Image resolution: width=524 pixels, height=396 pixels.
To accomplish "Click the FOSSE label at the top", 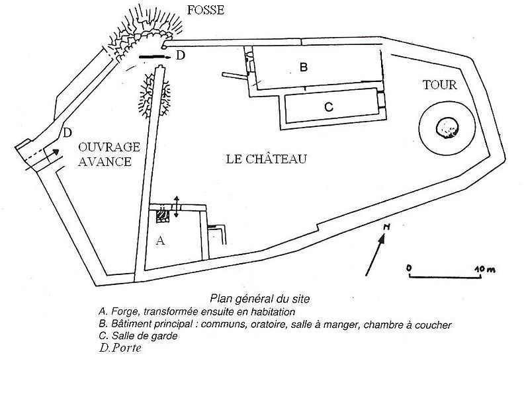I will (205, 10).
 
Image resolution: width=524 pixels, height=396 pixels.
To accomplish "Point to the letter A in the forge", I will (159, 241).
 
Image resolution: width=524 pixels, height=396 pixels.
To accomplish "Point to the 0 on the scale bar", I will (410, 268).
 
